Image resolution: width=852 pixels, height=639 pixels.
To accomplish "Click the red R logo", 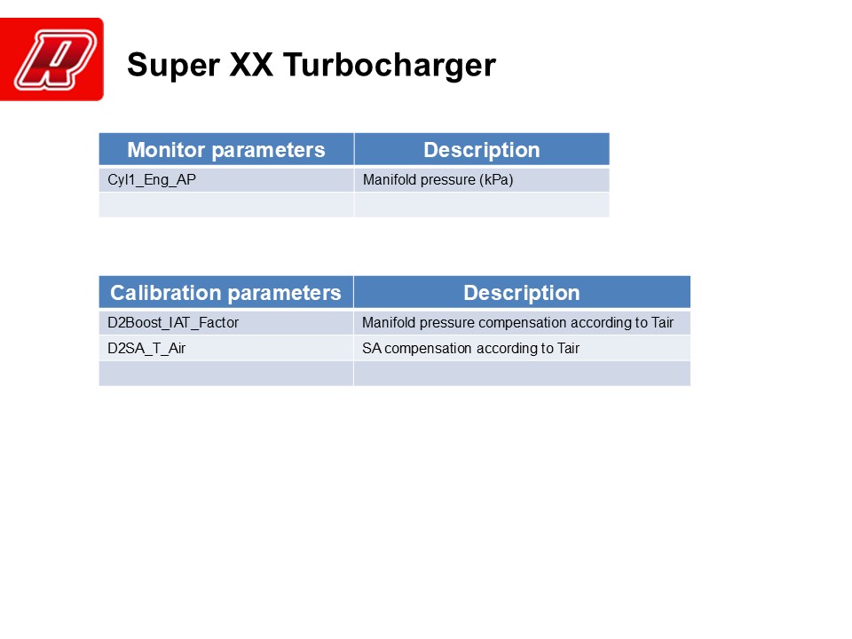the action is click(x=51, y=59).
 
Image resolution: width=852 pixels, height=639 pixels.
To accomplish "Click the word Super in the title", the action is click(x=173, y=66).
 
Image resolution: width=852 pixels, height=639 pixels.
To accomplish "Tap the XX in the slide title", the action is click(x=251, y=65).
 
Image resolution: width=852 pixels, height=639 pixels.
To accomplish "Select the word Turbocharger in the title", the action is click(x=389, y=65).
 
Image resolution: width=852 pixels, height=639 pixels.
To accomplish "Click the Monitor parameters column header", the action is click(x=226, y=149).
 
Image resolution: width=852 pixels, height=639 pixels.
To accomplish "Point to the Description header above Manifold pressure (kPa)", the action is click(x=481, y=149).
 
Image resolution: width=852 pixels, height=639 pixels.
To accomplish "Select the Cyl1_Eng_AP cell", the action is click(x=226, y=180).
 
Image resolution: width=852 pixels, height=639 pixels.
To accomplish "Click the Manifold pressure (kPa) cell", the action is click(x=481, y=180).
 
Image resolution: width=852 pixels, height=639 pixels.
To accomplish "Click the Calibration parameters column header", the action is click(x=226, y=292).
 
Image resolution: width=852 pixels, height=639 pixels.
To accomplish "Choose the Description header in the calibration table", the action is click(x=522, y=292).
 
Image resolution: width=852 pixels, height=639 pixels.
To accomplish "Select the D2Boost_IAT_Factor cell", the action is click(x=226, y=323).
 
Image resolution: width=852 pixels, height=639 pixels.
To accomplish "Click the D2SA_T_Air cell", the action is click(x=226, y=348).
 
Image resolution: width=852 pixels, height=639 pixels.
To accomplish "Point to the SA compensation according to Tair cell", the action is click(x=522, y=348).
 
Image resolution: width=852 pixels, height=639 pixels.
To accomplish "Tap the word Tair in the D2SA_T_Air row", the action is click(x=568, y=348).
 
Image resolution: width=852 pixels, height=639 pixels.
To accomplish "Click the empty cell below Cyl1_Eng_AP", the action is click(x=226, y=205).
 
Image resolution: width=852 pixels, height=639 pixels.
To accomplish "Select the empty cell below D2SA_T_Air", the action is click(x=226, y=374).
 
